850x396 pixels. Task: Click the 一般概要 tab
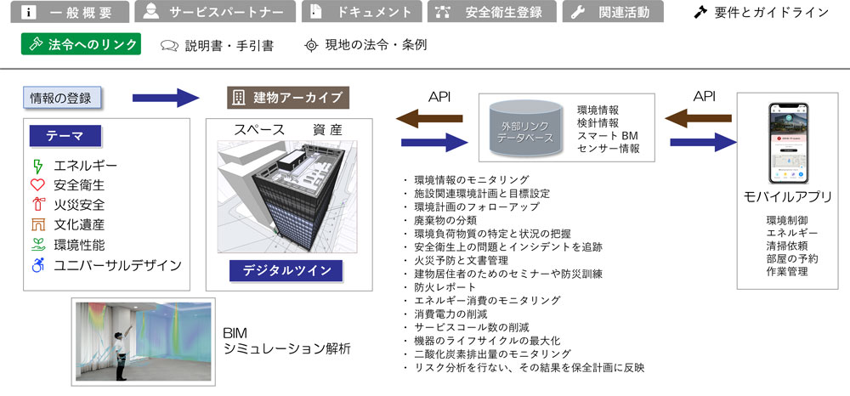click(65, 12)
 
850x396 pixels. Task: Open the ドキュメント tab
click(360, 12)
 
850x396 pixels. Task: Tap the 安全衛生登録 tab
click(492, 12)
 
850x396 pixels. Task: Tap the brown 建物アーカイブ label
click(289, 97)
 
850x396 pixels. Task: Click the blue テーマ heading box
click(65, 137)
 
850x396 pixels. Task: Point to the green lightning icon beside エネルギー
click(37, 165)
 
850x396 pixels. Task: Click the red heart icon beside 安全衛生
click(37, 184)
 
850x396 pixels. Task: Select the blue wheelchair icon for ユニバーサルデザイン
click(37, 265)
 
